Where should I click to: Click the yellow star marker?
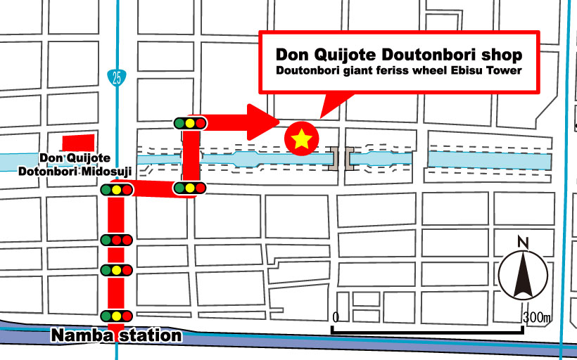tap(301, 139)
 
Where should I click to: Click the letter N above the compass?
tap(522, 242)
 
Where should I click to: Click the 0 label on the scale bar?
tap(337, 317)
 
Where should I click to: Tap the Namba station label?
tap(116, 335)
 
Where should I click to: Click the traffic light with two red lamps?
tap(117, 240)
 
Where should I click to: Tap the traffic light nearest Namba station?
tap(117, 315)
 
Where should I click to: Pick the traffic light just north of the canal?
tap(190, 123)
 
